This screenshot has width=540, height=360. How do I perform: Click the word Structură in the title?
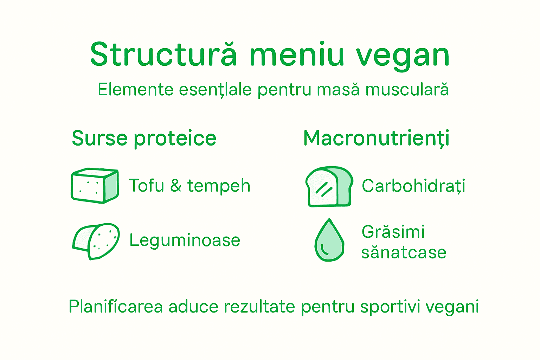[x=163, y=54]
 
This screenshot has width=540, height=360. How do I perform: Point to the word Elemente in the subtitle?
[x=135, y=89]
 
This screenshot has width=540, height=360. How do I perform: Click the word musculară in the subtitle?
[x=407, y=89]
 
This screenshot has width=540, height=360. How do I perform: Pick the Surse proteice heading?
[x=144, y=138]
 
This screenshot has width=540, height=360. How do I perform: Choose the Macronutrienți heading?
[x=376, y=139]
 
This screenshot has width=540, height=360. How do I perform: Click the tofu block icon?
[x=95, y=186]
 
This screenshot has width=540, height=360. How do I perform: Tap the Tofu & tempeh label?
[x=189, y=186]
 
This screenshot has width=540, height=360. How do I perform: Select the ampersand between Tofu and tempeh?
[x=176, y=186]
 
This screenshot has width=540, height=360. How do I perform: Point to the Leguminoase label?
[x=185, y=241]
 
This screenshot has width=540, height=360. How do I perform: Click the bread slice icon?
[x=329, y=186]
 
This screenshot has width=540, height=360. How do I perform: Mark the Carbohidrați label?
[x=413, y=186]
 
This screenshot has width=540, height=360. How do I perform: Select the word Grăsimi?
[x=393, y=232]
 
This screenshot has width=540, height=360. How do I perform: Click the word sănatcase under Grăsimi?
[x=404, y=252]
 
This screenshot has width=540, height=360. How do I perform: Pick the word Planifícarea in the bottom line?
[x=116, y=307]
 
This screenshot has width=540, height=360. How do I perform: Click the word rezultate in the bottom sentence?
[x=259, y=307]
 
